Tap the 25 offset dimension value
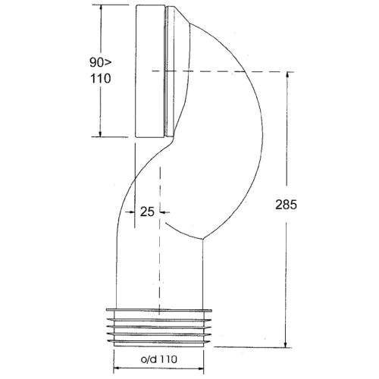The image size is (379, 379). pos(147,213)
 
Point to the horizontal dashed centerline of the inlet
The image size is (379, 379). pos(227,71)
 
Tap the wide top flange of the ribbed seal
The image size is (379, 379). pos(160,311)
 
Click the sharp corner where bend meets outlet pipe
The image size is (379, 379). pos(203,240)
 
